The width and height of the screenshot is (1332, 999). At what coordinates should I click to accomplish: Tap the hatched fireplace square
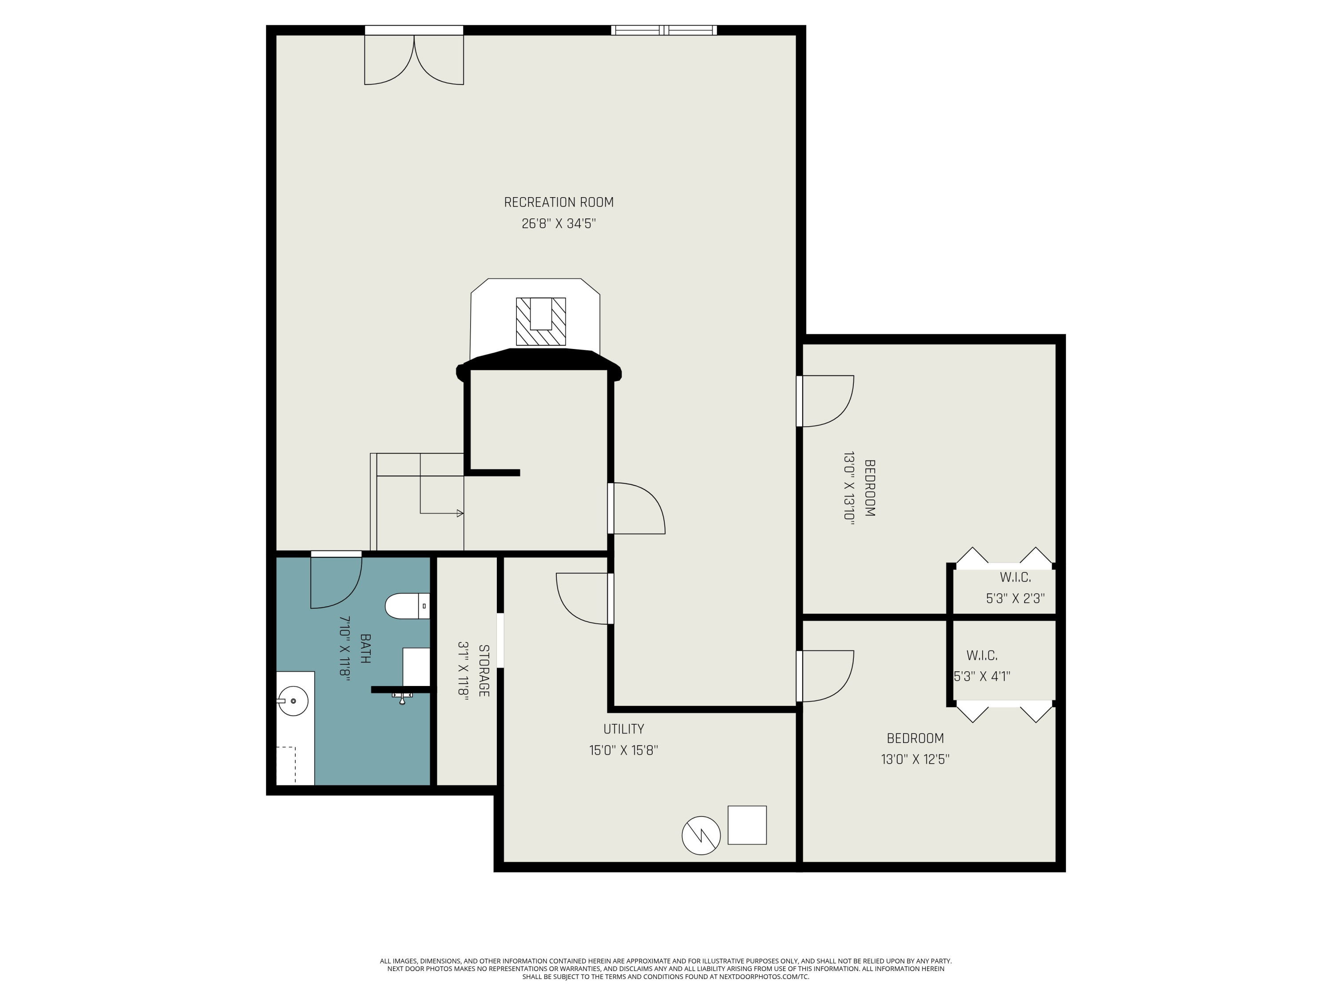(x=541, y=321)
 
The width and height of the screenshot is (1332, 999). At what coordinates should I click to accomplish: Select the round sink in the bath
(x=293, y=701)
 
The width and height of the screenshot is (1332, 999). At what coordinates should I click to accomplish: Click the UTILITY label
(x=623, y=729)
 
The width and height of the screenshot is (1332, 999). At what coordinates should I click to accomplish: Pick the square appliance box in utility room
(x=747, y=825)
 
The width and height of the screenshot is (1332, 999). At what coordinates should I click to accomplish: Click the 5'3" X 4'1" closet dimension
(x=982, y=676)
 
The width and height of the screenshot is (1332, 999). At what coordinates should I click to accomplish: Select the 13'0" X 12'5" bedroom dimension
(x=915, y=759)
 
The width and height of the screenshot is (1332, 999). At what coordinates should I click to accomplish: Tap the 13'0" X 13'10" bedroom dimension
(x=849, y=488)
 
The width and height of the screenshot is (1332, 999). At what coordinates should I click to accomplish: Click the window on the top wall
(x=664, y=30)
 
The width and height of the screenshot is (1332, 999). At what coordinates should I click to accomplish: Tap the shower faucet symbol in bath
(x=402, y=698)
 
